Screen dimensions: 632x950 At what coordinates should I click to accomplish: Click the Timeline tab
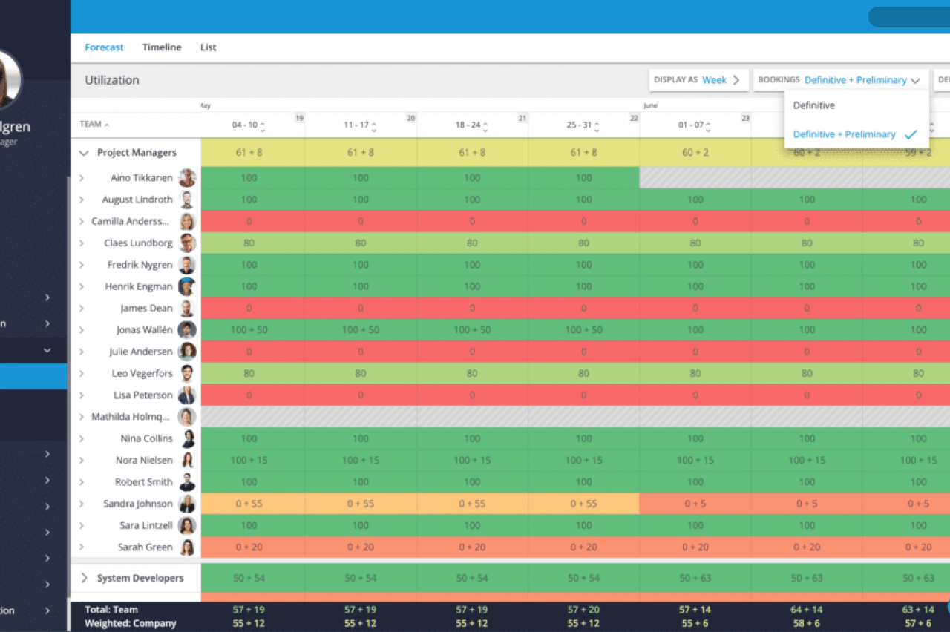pyautogui.click(x=162, y=47)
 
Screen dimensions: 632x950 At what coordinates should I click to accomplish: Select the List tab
pyautogui.click(x=209, y=47)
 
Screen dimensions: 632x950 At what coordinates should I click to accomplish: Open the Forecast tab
pyautogui.click(x=104, y=47)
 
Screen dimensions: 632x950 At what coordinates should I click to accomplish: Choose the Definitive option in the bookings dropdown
pyautogui.click(x=814, y=105)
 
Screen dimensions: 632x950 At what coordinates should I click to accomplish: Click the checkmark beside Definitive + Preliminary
pyautogui.click(x=911, y=134)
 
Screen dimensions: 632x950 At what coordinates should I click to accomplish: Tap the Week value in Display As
pyautogui.click(x=715, y=80)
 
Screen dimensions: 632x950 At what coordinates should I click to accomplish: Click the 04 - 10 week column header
pyautogui.click(x=245, y=125)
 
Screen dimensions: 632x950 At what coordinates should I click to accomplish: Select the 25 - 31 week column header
pyautogui.click(x=579, y=125)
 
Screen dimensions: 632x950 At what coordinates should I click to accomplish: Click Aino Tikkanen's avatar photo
pyautogui.click(x=187, y=178)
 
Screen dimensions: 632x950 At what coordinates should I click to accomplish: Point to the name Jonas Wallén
pyautogui.click(x=145, y=330)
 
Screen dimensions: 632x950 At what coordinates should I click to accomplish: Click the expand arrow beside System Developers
pyautogui.click(x=84, y=578)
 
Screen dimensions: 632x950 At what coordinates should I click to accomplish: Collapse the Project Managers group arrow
pyautogui.click(x=84, y=153)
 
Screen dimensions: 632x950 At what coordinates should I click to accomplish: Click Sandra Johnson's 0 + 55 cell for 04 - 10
pyautogui.click(x=249, y=504)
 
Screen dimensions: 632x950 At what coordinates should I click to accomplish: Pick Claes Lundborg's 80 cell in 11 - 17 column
pyautogui.click(x=361, y=243)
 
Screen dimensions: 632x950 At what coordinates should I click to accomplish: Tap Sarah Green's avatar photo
pyautogui.click(x=187, y=547)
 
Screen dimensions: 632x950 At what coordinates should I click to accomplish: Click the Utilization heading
pyautogui.click(x=112, y=80)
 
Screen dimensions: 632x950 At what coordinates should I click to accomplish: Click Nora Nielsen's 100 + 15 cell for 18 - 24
pyautogui.click(x=472, y=461)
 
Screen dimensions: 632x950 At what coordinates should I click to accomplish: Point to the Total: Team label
pyautogui.click(x=111, y=610)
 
